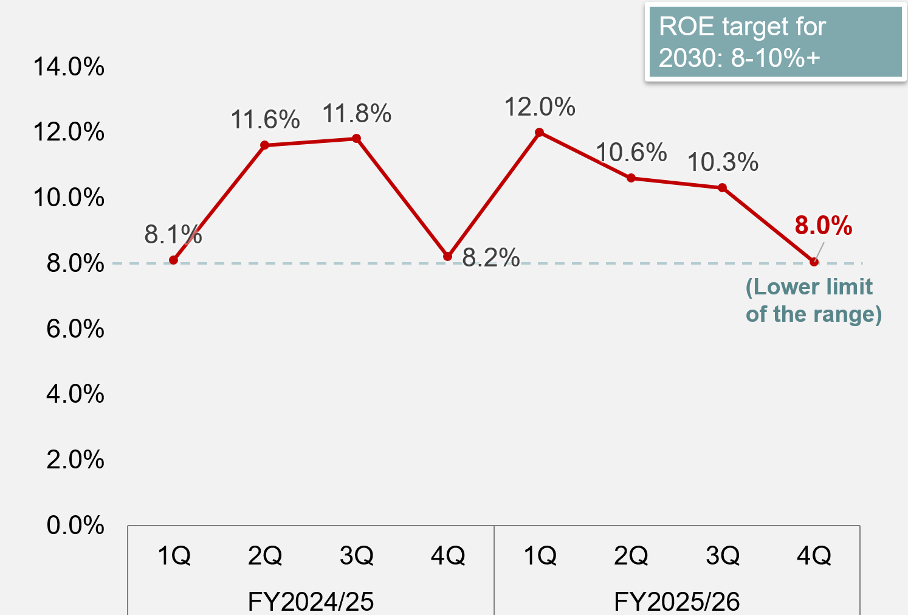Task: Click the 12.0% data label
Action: (x=540, y=108)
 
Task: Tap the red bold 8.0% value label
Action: (x=824, y=226)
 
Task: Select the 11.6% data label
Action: (x=265, y=120)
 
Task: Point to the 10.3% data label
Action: (x=723, y=162)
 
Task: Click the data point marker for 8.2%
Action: (x=448, y=257)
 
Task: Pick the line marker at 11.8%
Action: (x=357, y=139)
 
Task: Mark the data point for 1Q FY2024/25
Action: (x=174, y=260)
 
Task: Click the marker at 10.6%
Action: (x=631, y=178)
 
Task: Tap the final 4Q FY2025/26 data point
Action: (x=814, y=262)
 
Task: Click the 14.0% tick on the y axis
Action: (x=69, y=67)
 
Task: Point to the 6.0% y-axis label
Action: (x=75, y=329)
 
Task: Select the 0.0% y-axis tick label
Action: (x=75, y=526)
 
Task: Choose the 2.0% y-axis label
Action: (x=75, y=460)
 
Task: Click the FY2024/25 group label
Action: (x=311, y=602)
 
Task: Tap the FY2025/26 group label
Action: (x=676, y=602)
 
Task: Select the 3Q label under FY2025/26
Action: (x=723, y=555)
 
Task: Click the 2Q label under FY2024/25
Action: (x=265, y=555)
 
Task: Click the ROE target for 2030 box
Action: (x=775, y=42)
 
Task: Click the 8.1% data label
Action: (x=173, y=234)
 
